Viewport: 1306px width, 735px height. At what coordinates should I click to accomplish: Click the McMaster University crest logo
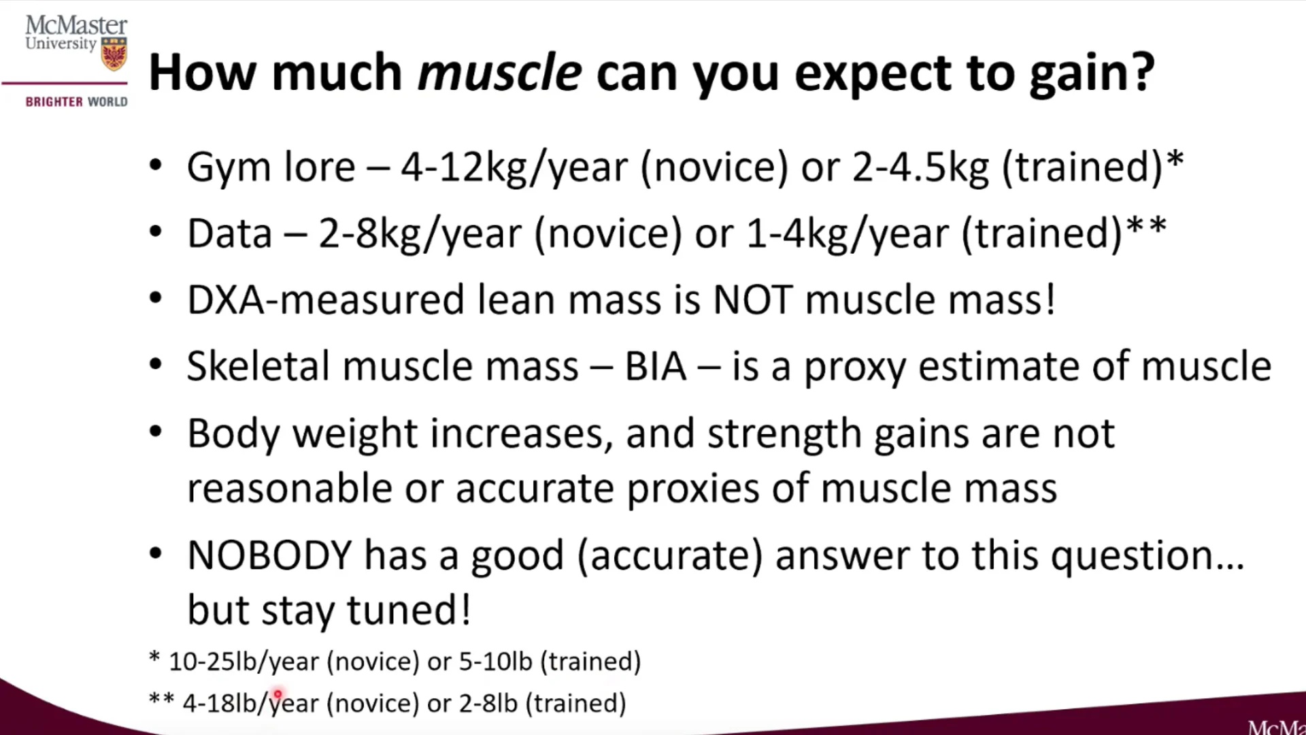pos(114,54)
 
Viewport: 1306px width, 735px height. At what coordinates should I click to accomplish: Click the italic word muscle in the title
pos(499,72)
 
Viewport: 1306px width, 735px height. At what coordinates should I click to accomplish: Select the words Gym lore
pos(271,167)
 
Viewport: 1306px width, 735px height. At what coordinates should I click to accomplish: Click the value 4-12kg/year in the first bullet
pos(514,167)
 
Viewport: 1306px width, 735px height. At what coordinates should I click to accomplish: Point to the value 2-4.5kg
pos(920,167)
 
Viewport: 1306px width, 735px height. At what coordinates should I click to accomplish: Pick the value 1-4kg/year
pos(847,234)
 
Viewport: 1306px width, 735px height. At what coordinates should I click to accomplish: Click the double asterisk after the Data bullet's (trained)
pos(1147,225)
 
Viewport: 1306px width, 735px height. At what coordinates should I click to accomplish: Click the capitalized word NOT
pos(752,300)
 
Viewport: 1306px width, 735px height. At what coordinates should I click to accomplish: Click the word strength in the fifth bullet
pos(784,434)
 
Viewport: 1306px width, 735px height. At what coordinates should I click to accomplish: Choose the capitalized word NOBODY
pos(269,555)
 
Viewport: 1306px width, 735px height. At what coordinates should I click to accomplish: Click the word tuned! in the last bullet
pos(409,609)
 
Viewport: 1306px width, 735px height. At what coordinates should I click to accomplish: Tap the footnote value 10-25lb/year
pos(244,661)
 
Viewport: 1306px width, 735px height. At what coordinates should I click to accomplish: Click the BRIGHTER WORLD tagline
pos(77,102)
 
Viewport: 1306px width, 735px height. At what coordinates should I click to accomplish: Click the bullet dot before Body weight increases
pos(156,432)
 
